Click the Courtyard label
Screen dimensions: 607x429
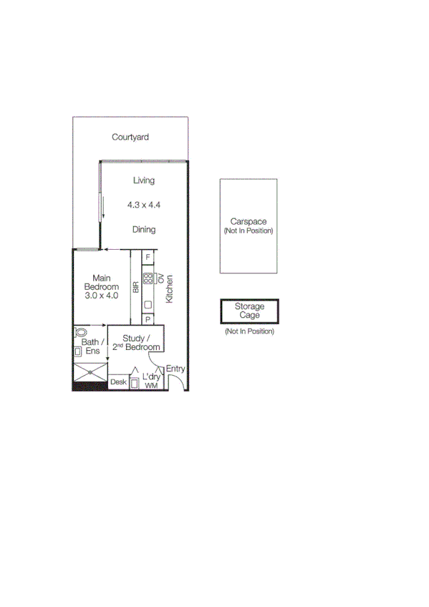pos(130,137)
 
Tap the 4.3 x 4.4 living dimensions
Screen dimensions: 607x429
pos(143,205)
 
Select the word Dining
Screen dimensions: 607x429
pos(143,230)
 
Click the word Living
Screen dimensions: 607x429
pos(143,180)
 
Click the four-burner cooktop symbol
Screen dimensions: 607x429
pos(148,278)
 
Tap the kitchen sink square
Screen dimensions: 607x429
pos(148,305)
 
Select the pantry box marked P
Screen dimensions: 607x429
pos(148,319)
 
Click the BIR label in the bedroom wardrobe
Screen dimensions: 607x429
pos(135,287)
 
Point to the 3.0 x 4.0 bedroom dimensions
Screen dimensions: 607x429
pos(100,295)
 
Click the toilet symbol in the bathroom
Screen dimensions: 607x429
pos(79,333)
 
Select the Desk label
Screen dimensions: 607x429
pos(117,383)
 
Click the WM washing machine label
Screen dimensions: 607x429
pos(150,386)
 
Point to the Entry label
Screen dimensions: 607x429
pos(175,369)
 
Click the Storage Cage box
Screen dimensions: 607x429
pos(249,311)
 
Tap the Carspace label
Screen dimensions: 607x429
pos(249,222)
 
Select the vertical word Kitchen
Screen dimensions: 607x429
pos(170,289)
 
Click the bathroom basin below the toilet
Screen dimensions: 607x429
pos(77,351)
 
